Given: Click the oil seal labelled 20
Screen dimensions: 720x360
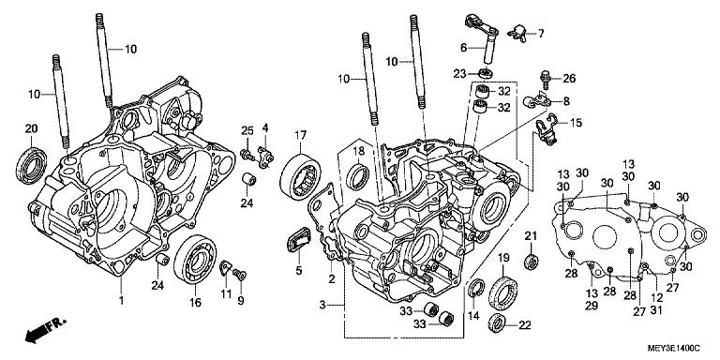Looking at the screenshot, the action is click(x=31, y=164).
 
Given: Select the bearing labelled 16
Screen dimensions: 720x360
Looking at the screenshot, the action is click(x=195, y=259).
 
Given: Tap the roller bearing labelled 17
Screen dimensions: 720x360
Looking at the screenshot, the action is click(x=300, y=178).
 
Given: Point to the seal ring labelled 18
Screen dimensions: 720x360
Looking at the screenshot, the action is click(x=358, y=177).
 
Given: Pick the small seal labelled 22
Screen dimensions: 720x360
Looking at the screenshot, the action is click(x=497, y=322).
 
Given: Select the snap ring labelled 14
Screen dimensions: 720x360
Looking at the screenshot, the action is click(x=476, y=291).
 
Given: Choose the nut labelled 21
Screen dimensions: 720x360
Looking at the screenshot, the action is click(x=532, y=261).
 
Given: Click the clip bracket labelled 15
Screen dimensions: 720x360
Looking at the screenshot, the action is click(x=546, y=129).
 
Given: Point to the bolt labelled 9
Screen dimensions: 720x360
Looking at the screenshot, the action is click(x=239, y=274).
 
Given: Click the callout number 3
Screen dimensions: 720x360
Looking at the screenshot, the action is click(x=322, y=304).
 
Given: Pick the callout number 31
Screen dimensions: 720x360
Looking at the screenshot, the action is click(x=657, y=310).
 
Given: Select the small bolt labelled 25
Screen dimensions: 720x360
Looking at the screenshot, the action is click(x=247, y=155).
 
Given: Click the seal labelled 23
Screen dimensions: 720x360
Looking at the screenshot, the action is click(x=486, y=73).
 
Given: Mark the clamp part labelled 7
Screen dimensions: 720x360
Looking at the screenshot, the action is click(x=518, y=34).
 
